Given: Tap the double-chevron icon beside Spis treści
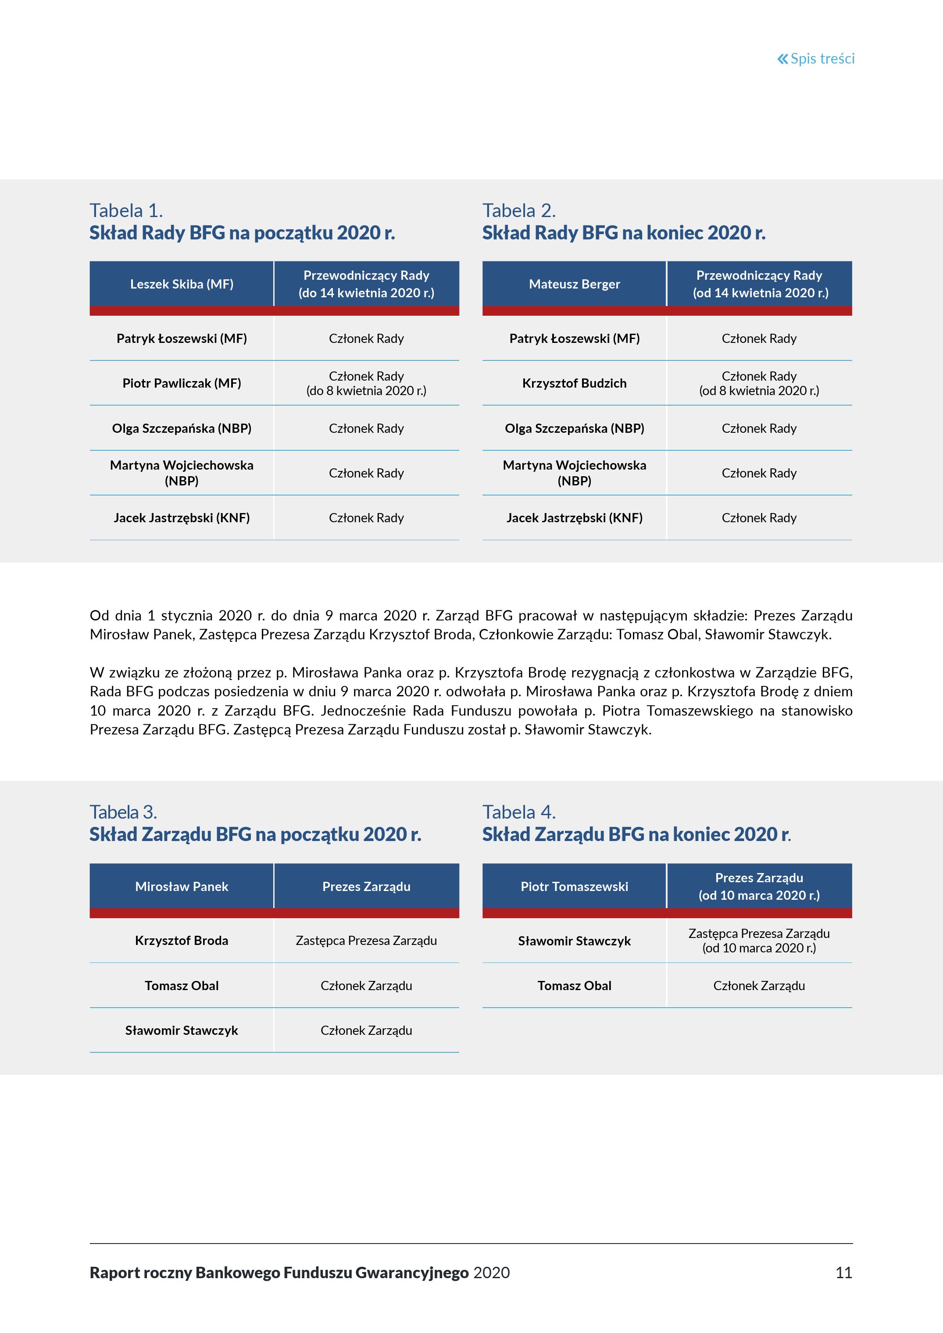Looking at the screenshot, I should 783,59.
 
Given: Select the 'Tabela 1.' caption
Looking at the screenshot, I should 126,210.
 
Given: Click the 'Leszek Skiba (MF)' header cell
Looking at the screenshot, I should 182,284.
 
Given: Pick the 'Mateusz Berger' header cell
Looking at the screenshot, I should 574,284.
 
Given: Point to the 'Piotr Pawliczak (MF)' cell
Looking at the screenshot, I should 182,383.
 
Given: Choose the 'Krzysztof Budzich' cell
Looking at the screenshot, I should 574,383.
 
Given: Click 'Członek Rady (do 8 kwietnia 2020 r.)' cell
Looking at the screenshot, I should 366,383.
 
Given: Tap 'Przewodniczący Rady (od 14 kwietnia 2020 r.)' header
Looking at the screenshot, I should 760,284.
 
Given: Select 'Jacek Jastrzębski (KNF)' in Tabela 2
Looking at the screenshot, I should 574,518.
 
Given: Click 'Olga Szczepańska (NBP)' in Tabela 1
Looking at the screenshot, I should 182,428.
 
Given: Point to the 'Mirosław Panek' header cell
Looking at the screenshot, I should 182,887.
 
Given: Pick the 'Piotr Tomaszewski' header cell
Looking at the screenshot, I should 574,887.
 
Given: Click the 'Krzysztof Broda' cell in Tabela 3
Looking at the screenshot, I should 182,941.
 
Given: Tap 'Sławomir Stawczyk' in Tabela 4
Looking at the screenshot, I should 574,941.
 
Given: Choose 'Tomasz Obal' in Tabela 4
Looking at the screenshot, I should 574,986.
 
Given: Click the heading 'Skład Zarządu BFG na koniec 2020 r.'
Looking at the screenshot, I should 636,834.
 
